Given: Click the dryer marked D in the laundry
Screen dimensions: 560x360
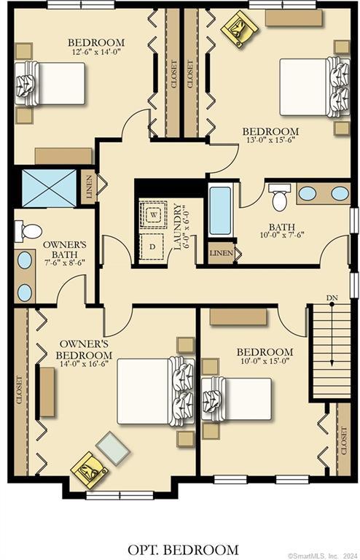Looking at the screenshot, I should click(x=152, y=246).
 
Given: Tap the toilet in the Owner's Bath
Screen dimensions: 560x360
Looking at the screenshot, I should click(x=30, y=231).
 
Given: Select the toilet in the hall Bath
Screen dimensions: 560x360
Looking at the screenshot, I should click(x=279, y=198).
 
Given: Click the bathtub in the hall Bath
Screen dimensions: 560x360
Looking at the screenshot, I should click(x=220, y=211).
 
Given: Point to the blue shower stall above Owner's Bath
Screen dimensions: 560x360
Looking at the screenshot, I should click(x=49, y=188).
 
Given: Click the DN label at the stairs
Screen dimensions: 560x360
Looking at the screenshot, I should click(x=331, y=298).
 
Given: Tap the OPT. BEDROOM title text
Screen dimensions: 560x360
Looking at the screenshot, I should click(x=179, y=549).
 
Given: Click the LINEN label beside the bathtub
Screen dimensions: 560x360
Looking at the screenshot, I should click(x=222, y=254).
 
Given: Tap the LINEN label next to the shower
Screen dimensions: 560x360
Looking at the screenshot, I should click(x=88, y=189).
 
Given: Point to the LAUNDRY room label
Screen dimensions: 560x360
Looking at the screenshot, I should click(x=178, y=227).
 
